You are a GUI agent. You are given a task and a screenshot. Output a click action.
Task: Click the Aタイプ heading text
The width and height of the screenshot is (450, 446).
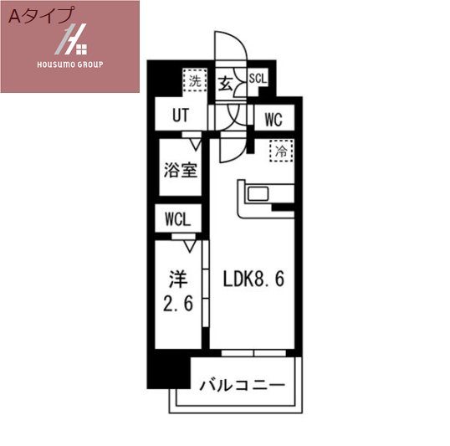(40, 16)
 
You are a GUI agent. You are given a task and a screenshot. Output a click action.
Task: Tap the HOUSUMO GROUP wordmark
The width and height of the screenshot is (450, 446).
(70, 64)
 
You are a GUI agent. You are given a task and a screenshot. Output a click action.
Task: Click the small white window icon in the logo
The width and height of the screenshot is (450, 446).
(81, 49)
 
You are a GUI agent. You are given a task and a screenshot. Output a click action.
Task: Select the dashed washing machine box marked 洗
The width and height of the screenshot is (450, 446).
(195, 80)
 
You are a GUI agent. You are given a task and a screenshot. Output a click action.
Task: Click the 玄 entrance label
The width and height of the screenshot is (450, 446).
(225, 85)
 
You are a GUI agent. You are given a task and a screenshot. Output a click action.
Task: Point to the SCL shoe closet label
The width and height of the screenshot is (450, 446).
(258, 79)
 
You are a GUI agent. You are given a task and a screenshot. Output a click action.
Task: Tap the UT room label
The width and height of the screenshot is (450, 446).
(181, 115)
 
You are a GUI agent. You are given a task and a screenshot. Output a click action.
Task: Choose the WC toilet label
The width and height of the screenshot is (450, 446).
(274, 120)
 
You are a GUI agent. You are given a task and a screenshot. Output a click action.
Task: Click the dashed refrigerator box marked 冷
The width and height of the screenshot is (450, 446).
(282, 151)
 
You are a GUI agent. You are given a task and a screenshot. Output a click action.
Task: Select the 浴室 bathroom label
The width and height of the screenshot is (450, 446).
(181, 170)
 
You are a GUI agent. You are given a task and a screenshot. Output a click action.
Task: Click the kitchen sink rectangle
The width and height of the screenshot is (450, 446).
(258, 193)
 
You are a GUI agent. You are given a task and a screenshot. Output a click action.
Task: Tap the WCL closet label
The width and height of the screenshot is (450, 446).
(178, 220)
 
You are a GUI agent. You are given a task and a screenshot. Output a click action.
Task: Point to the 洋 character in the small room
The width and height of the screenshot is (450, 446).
(178, 279)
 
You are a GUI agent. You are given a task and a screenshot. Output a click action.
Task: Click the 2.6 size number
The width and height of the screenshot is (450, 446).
(178, 303)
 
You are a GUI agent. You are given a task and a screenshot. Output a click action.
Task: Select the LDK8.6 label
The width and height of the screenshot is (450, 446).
(253, 279)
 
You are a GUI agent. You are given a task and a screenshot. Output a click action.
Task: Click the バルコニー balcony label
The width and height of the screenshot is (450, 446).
(243, 385)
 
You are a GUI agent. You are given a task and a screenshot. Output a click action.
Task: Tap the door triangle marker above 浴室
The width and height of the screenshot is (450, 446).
(197, 145)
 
